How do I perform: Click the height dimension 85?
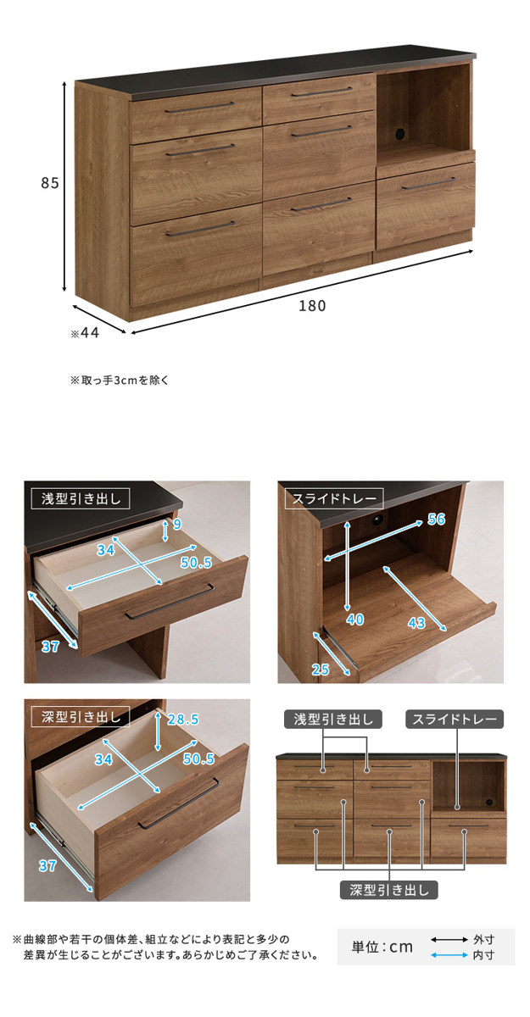[x=50, y=182]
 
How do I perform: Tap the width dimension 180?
[x=312, y=306]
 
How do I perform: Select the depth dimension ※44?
[x=85, y=333]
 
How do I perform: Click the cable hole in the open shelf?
[x=400, y=133]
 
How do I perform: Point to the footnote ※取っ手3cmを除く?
[x=119, y=380]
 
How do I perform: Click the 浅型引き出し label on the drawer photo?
[x=81, y=499]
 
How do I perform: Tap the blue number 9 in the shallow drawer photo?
[x=177, y=525]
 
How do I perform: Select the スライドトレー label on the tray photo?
[x=334, y=499]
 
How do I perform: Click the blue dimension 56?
[x=437, y=519]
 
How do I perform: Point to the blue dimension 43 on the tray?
[x=416, y=623]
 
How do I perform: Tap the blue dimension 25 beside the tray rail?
[x=321, y=670]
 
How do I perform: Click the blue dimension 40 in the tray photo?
[x=355, y=620]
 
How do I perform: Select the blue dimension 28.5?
[x=183, y=720]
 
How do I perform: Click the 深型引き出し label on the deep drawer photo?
[x=81, y=717]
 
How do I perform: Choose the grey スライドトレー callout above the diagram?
[x=455, y=720]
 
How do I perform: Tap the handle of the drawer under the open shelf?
[x=428, y=183]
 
